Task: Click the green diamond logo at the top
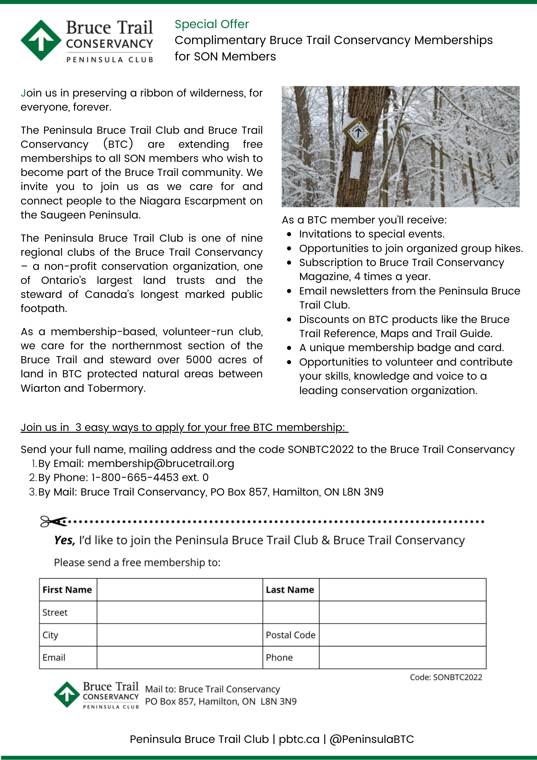coord(41,40)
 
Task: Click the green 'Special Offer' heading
coord(212,24)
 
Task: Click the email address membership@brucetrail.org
coord(161,464)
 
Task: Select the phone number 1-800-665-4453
coord(135,478)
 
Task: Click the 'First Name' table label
coord(67,590)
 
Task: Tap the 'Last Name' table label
coord(290,590)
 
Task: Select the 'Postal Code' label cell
coord(291,635)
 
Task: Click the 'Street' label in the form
coord(55,613)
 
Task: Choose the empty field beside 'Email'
coord(179,658)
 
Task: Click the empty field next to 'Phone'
coord(402,658)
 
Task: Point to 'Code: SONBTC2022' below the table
coord(446,677)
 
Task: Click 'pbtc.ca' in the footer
coord(299,739)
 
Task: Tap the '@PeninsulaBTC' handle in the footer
coord(372,739)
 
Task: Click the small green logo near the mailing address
coord(67,695)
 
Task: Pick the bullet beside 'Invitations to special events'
coord(289,234)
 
